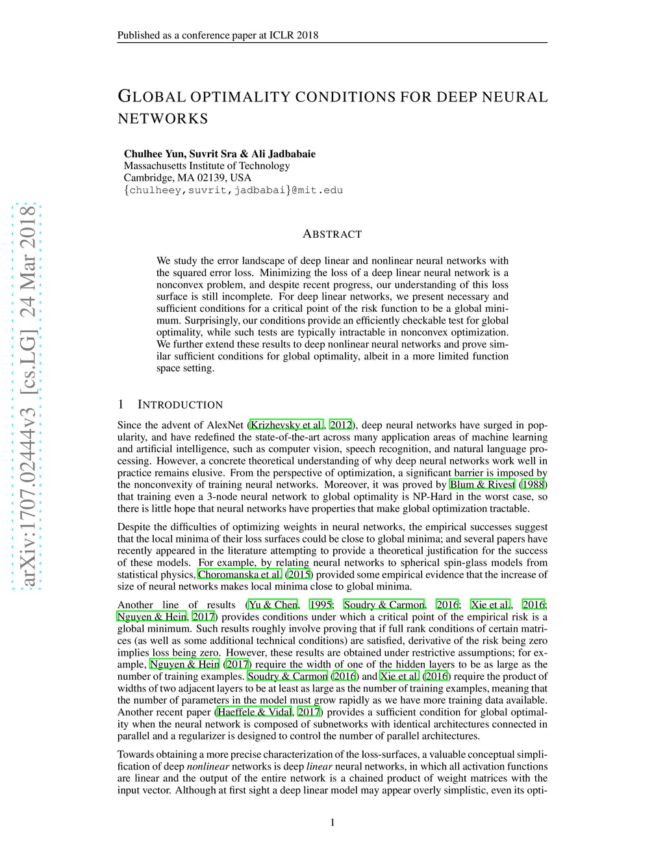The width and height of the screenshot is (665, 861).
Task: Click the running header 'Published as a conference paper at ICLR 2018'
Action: point(218,35)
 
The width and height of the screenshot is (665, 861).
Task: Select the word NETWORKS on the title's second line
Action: point(163,119)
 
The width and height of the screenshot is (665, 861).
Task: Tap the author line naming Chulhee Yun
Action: point(220,154)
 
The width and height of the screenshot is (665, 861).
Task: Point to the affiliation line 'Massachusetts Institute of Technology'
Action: point(207,166)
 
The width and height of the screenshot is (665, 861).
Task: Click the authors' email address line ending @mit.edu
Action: point(233,190)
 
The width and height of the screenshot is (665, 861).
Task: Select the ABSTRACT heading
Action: point(332,234)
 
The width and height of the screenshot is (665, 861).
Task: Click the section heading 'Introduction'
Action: point(180,405)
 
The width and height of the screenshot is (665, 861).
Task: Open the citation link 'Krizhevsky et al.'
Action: point(286,425)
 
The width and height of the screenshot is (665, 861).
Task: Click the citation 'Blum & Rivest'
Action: point(483,485)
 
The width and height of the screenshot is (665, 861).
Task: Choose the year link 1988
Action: point(533,485)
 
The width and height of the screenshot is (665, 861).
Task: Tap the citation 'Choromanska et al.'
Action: point(240,574)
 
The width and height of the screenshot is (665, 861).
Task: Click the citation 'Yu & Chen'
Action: point(273,605)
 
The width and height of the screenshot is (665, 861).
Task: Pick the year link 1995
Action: point(321,605)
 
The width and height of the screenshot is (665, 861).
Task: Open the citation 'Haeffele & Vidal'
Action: point(255,712)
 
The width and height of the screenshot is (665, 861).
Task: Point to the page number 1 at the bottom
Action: point(332,823)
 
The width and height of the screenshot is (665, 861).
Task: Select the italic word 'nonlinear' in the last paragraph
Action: point(208,767)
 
